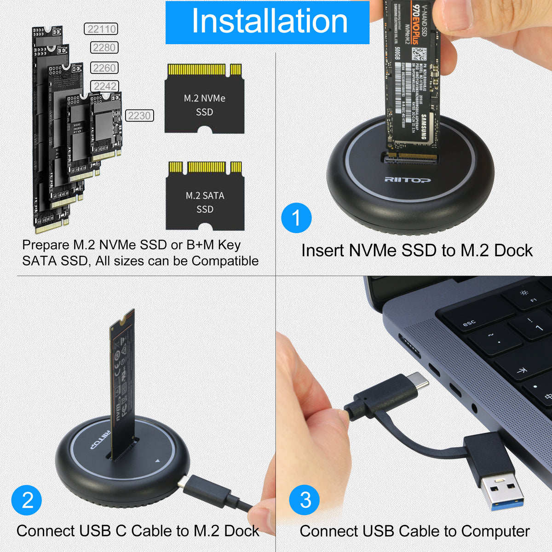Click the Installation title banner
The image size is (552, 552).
pyautogui.click(x=267, y=22)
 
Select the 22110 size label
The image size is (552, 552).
pyautogui.click(x=101, y=29)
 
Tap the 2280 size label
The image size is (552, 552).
pyautogui.click(x=104, y=48)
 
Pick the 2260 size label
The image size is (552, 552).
pyautogui.click(x=104, y=68)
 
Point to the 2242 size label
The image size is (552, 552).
pyautogui.click(x=105, y=86)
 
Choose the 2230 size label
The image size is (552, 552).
pyautogui.click(x=139, y=115)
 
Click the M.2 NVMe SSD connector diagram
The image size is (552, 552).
pyautogui.click(x=204, y=98)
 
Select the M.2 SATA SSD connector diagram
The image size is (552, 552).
pyautogui.click(x=205, y=196)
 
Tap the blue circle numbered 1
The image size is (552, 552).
pyautogui.click(x=296, y=218)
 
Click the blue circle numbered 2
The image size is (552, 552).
pyautogui.click(x=27, y=500)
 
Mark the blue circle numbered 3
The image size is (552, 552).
pyautogui.click(x=305, y=500)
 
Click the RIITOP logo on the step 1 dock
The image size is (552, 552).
pyautogui.click(x=408, y=180)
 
